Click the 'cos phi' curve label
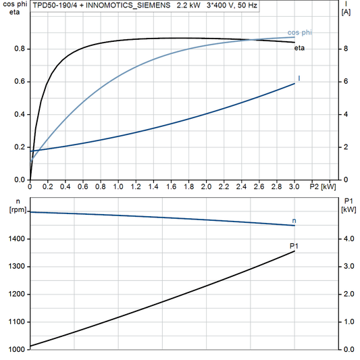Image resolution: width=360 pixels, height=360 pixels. [x=299, y=32]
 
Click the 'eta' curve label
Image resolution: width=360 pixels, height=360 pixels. [x=299, y=48]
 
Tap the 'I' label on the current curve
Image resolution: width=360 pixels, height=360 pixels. [x=299, y=79]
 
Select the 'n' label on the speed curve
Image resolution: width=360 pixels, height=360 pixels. [x=294, y=221]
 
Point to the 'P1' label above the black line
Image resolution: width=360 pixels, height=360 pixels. [x=294, y=246]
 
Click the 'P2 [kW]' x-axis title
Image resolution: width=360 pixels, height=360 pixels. [x=322, y=186]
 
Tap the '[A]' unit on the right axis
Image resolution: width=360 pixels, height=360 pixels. [x=346, y=12]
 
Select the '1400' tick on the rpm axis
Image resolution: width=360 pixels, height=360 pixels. [x=18, y=239]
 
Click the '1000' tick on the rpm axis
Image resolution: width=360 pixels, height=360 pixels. [x=18, y=349]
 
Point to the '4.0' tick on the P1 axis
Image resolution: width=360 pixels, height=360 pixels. [x=348, y=239]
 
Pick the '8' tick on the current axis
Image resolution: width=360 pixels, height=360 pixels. [x=344, y=49]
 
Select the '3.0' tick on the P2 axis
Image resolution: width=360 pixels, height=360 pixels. [x=294, y=186]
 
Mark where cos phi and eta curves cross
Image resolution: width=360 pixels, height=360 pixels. [x=251, y=39]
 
